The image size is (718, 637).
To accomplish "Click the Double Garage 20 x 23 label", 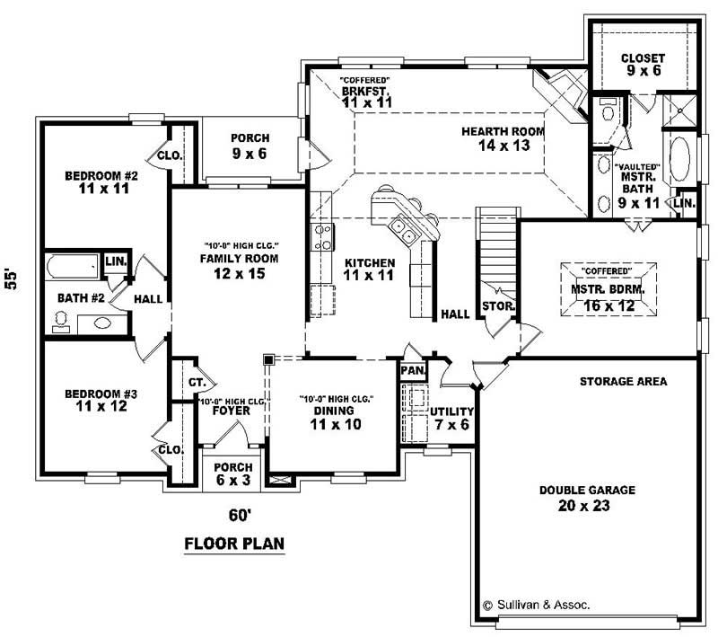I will pos(587,498).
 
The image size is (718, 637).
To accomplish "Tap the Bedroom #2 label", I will pos(99,182).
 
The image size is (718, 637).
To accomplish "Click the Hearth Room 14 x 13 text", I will pos(503,138).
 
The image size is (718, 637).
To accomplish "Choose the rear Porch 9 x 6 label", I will pos(237,146).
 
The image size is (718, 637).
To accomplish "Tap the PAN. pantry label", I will pos(413,370).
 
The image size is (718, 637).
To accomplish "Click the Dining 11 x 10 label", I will pos(335,418).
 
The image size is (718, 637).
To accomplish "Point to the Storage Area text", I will pos(624,381).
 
